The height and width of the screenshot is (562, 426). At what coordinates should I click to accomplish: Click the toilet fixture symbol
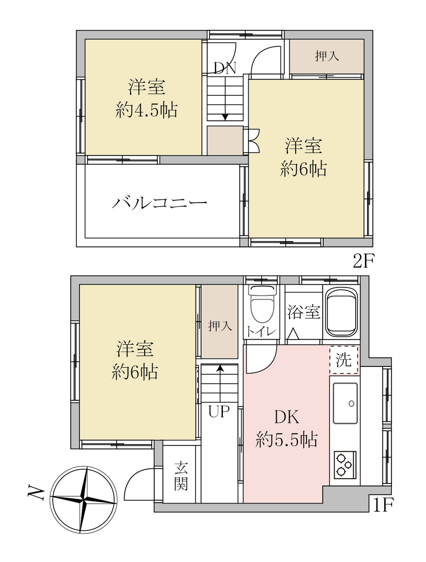click(263, 305)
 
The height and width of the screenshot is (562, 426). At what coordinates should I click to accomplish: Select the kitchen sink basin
click(345, 403)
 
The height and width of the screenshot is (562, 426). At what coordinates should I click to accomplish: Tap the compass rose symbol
click(84, 500)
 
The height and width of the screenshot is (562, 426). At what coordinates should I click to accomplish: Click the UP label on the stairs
click(219, 411)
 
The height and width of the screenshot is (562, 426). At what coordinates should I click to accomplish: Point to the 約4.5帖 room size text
click(146, 110)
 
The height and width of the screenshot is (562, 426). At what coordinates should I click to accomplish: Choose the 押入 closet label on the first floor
click(220, 326)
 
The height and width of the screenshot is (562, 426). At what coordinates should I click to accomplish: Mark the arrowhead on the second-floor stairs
click(225, 117)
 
